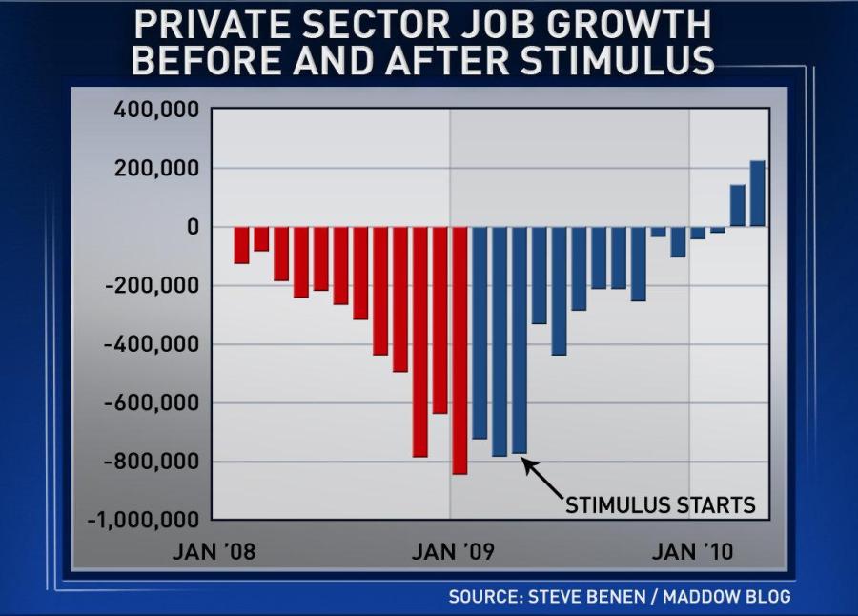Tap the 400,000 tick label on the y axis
pos(156,110)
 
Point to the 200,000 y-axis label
pos(156,169)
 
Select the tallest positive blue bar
pos(757,194)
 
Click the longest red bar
pos(460,350)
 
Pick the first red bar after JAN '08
pos(241,245)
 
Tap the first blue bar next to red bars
pos(480,333)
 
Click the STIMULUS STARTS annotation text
pos(661,504)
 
